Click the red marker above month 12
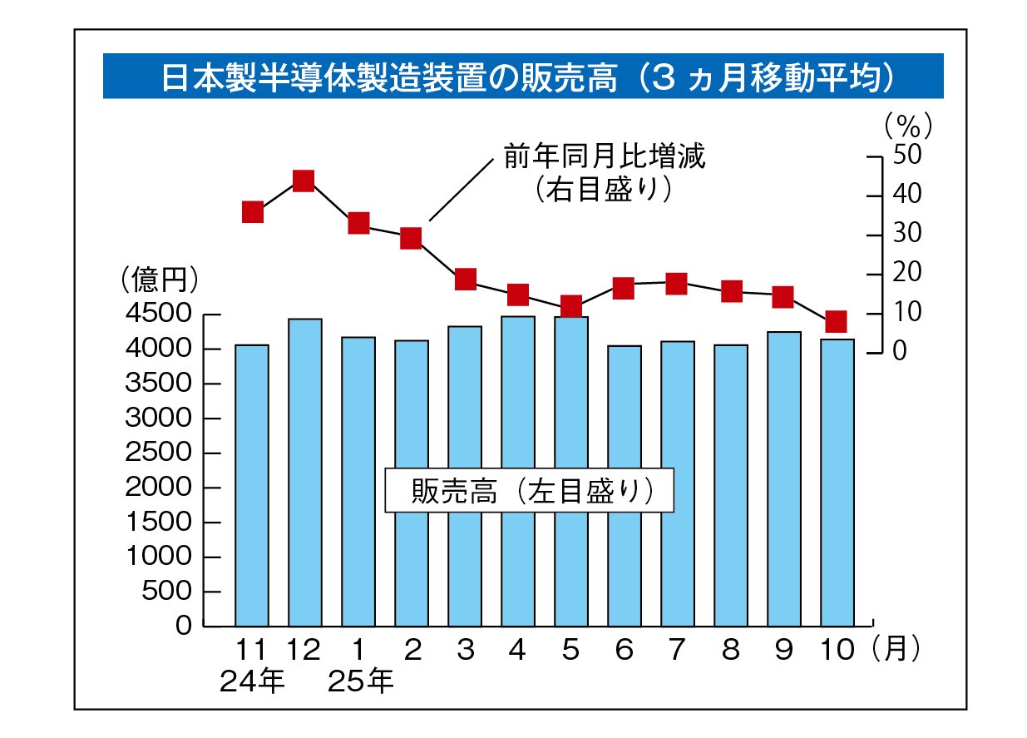coord(304,181)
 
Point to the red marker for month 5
coord(570,307)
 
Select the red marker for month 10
coord(837,322)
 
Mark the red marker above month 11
coord(253,212)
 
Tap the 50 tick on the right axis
coord(907,156)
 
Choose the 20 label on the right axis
coord(907,274)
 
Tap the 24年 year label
coord(252,682)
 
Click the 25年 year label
coord(360,682)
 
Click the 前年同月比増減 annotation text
coord(604,156)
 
